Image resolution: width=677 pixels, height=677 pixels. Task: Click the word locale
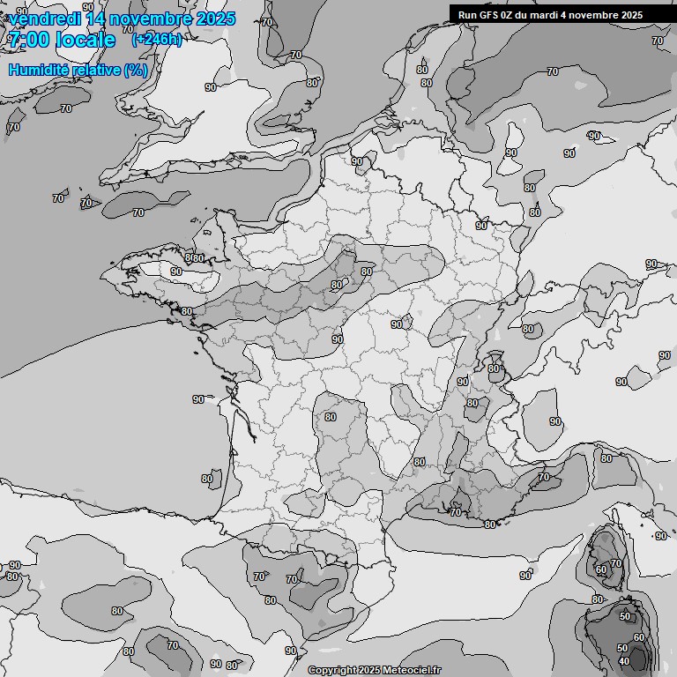[85, 40]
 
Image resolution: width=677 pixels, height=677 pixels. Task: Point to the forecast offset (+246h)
[156, 40]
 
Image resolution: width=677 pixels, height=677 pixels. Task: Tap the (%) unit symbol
[136, 70]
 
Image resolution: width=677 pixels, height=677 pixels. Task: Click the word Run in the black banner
[468, 15]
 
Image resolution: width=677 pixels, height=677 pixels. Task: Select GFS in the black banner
[490, 15]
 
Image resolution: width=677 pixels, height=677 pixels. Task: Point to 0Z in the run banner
[511, 15]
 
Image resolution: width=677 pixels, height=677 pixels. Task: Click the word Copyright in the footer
[331, 670]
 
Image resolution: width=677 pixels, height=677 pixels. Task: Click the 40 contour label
[623, 661]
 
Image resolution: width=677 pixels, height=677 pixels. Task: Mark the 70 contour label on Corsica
[616, 563]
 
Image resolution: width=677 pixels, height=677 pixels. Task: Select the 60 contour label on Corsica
[601, 570]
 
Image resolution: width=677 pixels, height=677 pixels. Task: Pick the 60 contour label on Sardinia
[639, 637]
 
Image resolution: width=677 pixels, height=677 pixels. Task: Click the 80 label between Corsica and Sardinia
[597, 599]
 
